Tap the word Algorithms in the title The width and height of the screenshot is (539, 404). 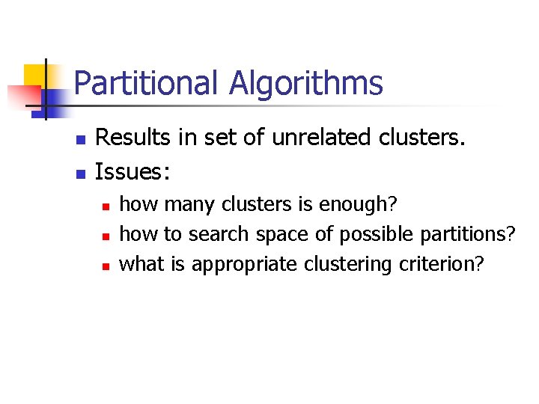click(305, 83)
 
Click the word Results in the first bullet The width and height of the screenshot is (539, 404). click(130, 138)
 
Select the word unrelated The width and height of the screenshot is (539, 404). click(303, 138)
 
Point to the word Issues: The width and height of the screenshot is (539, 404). click(133, 173)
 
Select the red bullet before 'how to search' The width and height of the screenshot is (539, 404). click(106, 236)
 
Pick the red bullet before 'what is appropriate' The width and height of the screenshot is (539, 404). click(106, 266)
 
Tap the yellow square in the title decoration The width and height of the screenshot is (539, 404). click(34, 75)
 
